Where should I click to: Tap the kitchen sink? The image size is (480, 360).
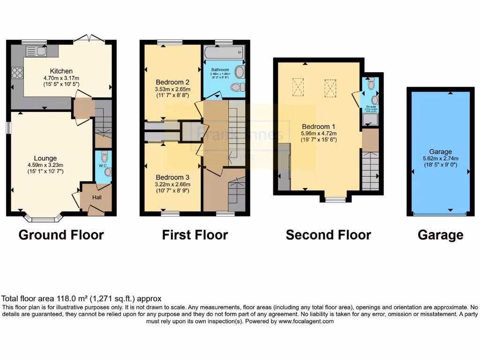point(36,51)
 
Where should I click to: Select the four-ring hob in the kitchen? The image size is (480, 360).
point(17,73)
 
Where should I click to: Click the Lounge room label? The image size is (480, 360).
point(45,158)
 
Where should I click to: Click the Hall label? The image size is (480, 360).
point(97,197)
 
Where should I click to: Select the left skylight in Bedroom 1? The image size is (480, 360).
point(298,86)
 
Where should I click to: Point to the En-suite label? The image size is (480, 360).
point(371,107)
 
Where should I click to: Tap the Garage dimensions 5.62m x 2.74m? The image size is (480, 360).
point(441,158)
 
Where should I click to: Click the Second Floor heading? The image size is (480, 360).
point(328,235)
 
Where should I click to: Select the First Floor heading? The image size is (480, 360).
point(195,235)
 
